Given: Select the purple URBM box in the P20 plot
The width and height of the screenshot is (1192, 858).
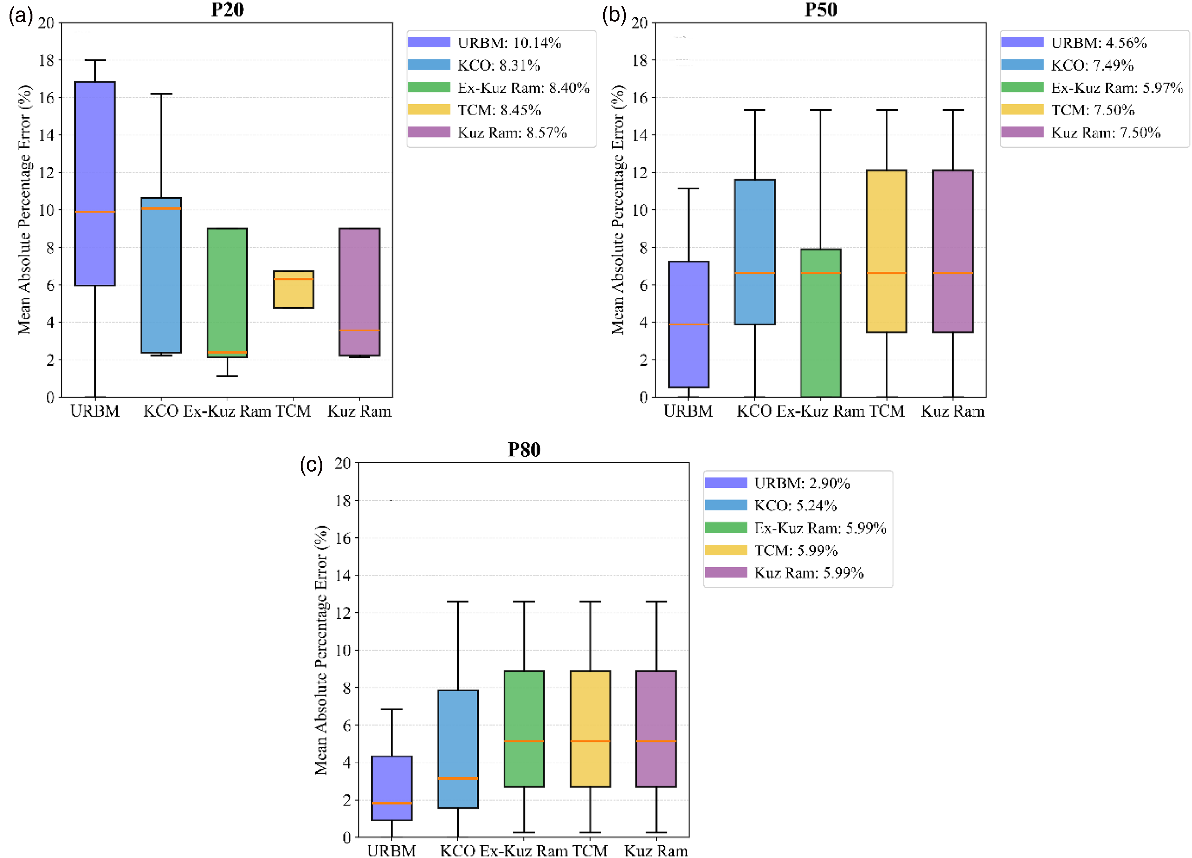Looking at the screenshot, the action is [x=95, y=183].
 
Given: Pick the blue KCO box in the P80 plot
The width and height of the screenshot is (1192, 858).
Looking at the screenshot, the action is [x=458, y=749].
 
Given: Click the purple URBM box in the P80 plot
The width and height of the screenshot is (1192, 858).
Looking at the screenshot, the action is [x=392, y=787].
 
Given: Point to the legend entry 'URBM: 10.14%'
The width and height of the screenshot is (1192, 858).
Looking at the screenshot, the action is [x=484, y=43].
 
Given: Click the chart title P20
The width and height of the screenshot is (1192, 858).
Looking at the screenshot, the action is [x=227, y=10].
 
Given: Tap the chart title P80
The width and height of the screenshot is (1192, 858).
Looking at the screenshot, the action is [x=524, y=450].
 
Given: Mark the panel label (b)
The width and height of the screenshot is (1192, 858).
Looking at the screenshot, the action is [x=614, y=15].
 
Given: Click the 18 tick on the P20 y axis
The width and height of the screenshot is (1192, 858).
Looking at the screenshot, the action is [x=46, y=60].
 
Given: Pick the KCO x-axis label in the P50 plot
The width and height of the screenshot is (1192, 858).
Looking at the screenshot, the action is [x=754, y=411].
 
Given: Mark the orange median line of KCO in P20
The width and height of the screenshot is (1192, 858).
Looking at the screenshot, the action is [x=161, y=208].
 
